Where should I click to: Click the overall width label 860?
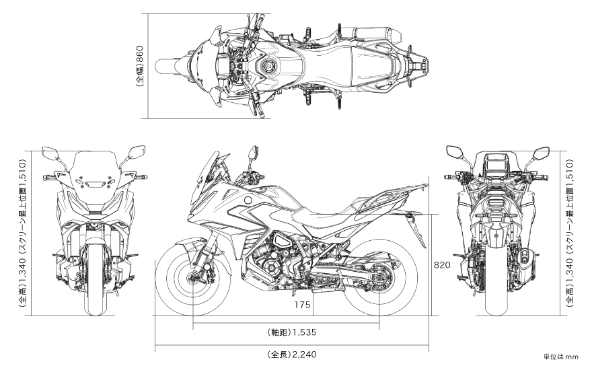pos(139,55)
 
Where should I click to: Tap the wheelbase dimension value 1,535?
pos(304,332)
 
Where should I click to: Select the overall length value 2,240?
pos(304,355)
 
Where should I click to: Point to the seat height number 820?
pos(442,265)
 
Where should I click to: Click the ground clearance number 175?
pos(303,304)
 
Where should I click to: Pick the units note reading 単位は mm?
pos(560,357)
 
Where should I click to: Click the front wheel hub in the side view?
pos(193,279)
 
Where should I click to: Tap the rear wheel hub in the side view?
pos(379,279)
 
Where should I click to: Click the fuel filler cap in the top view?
pos(269,67)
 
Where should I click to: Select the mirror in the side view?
pos(252,153)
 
